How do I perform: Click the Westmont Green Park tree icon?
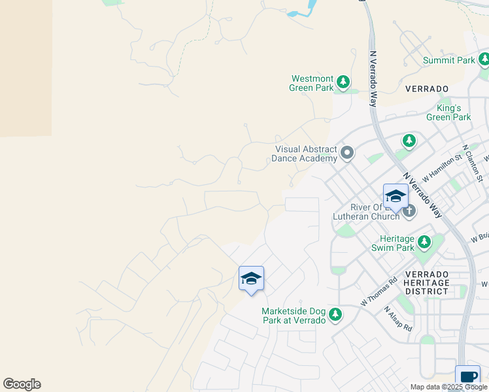(343, 83)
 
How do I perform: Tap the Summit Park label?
(448, 60)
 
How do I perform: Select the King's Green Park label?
(448, 112)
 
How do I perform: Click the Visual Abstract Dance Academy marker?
(347, 154)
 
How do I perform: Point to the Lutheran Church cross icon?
(409, 210)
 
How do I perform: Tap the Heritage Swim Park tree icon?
(424, 243)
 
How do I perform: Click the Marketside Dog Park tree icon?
(335, 316)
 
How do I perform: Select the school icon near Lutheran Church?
(396, 196)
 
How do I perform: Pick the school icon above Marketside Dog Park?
(251, 279)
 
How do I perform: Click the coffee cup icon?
(468, 376)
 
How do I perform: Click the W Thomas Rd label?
(379, 292)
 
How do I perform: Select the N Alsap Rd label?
(397, 319)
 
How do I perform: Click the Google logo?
(22, 384)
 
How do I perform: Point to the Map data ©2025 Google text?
(448, 387)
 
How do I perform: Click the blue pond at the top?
(303, 9)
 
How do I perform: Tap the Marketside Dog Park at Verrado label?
(294, 316)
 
